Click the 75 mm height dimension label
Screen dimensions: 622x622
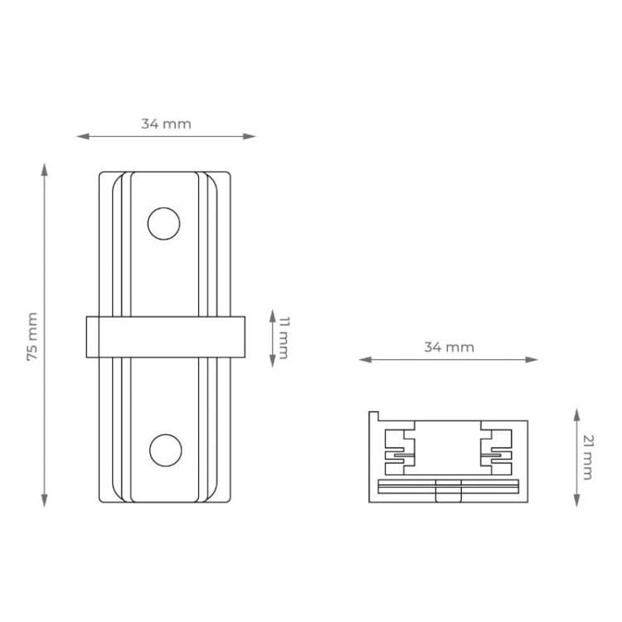click(x=32, y=336)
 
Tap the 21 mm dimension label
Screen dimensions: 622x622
click(x=586, y=457)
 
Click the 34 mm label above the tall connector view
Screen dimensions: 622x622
click(x=166, y=124)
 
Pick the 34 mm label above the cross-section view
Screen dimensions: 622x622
click(x=449, y=347)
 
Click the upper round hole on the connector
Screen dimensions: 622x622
click(x=163, y=224)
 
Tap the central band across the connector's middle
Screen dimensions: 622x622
click(x=165, y=338)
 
